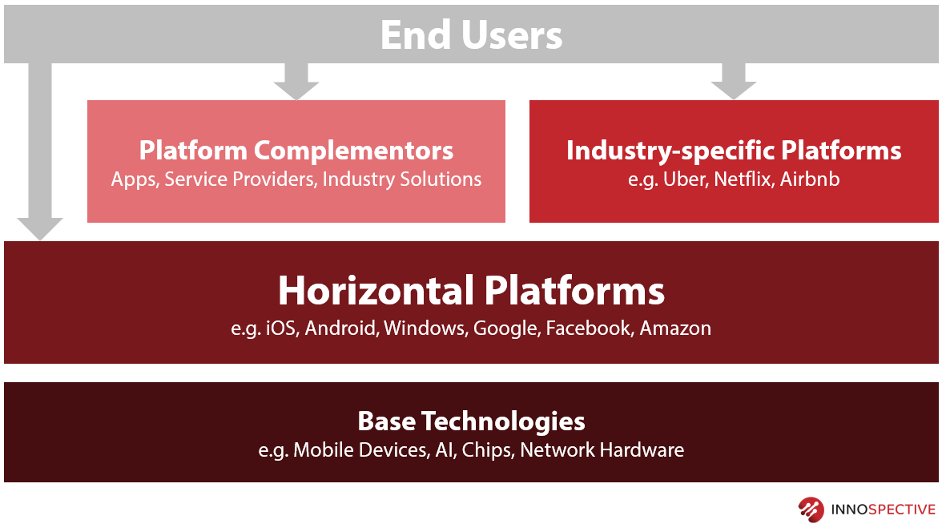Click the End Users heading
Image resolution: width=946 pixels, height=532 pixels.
pos(471,35)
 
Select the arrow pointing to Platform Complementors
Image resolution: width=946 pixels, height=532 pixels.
pos(296,82)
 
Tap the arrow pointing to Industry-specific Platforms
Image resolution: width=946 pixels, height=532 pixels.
pos(734,82)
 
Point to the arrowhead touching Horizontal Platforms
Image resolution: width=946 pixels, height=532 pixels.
pos(40,229)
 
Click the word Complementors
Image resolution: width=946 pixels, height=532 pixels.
pos(353,150)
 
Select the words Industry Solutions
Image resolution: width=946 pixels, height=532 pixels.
pos(402,179)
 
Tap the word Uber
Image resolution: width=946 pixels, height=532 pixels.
pos(686,179)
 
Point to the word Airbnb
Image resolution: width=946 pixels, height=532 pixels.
pos(810,179)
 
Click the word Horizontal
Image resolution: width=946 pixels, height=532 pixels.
pos(376,291)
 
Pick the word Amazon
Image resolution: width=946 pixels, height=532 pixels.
pos(675,328)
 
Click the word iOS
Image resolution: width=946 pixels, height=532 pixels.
pos(282,328)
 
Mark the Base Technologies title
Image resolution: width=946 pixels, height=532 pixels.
pos(471,421)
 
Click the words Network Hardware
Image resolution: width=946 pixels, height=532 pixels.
pos(602,450)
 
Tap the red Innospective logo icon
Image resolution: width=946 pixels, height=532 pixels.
pos(811,510)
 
